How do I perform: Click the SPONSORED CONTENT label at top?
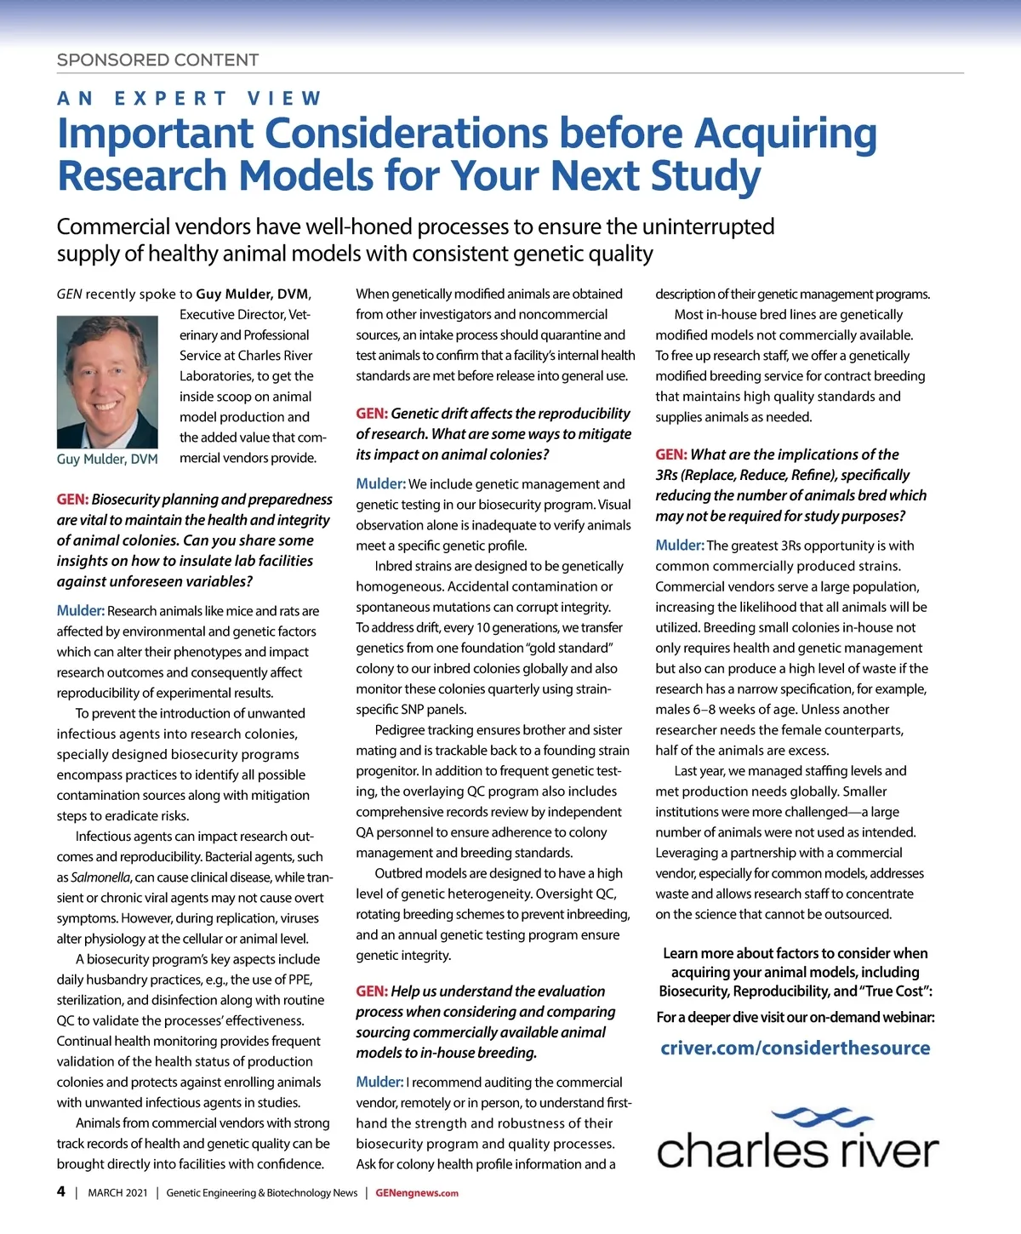[x=157, y=60]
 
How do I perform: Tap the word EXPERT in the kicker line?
[x=171, y=99]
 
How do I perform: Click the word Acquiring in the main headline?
[x=785, y=134]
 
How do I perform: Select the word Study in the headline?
[x=705, y=176]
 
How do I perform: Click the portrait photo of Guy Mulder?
[x=107, y=382]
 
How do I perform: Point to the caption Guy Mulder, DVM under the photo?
[x=107, y=460]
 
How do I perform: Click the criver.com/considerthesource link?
[x=795, y=1048]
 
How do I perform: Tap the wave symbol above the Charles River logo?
[x=816, y=1117]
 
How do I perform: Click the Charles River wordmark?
[x=797, y=1151]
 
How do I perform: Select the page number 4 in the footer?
[x=61, y=1191]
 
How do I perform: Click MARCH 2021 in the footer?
[x=117, y=1193]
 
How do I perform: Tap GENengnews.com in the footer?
[x=417, y=1193]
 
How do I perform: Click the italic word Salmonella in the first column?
[x=100, y=877]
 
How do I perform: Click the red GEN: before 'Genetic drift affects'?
[x=371, y=414]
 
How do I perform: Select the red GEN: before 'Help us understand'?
[x=371, y=991]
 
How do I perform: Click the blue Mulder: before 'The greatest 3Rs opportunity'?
[x=679, y=546]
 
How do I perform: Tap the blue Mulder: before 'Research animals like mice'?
[x=80, y=611]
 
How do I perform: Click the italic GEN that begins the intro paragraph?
[x=69, y=294]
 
